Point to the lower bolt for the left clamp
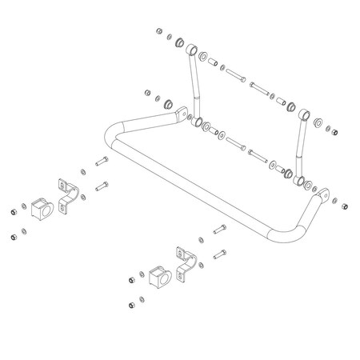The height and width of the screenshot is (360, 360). coord(102,188)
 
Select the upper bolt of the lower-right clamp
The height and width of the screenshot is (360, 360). coord(221,231)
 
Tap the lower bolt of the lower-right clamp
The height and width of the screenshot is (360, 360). coord(218,255)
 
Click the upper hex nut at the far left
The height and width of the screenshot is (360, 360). coord(14,211)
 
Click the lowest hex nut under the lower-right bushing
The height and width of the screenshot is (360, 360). coord(130,305)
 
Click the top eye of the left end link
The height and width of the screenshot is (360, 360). coord(191,50)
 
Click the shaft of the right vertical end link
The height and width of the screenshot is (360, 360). coord(300,144)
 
